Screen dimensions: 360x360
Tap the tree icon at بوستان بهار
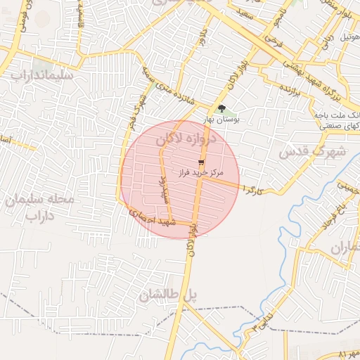coord(222,109)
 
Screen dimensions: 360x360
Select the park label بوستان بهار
coord(226,120)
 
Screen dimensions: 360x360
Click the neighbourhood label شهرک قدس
coord(313,151)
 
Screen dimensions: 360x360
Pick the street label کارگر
coord(251,190)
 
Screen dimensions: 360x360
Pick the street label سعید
coord(244,13)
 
